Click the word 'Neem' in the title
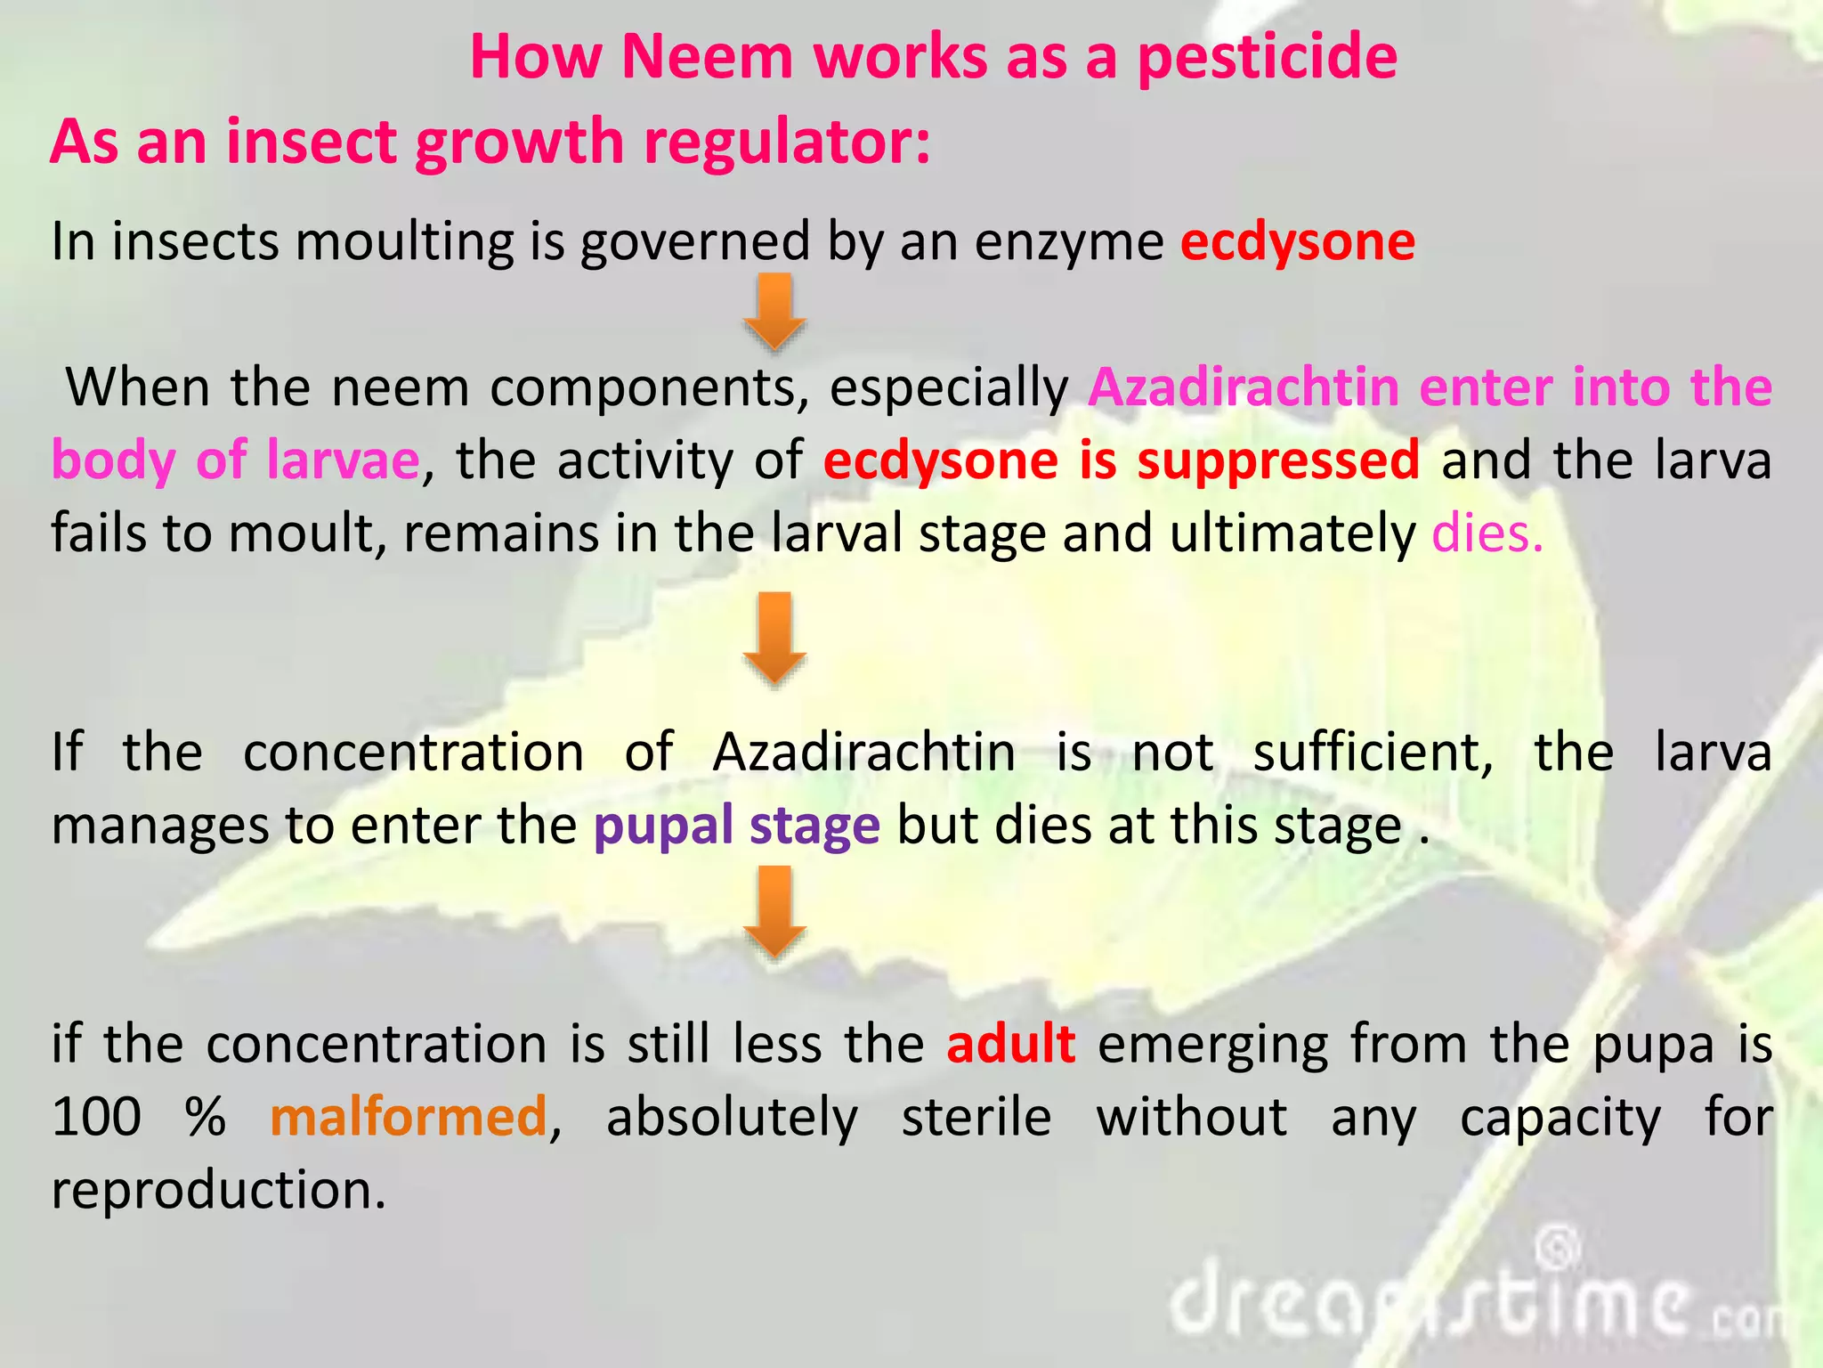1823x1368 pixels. pos(707,57)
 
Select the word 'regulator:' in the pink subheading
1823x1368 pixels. pos(787,142)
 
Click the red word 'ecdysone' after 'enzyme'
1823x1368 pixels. pos(1298,242)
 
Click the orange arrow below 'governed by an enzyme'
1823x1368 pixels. pos(774,311)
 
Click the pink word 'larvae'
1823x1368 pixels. pos(343,460)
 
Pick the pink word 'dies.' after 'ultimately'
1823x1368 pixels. pos(1487,533)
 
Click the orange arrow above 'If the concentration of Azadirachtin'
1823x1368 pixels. pos(774,638)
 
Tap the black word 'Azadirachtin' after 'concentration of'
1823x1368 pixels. pos(864,753)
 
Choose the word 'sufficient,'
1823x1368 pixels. pos(1373,753)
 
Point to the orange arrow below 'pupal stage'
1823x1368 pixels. pos(774,912)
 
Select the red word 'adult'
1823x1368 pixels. pos(1011,1044)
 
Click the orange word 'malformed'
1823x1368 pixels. pos(409,1117)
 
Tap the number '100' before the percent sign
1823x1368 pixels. pos(96,1117)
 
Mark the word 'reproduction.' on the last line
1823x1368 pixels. pos(219,1190)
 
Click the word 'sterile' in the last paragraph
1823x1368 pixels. pos(976,1117)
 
